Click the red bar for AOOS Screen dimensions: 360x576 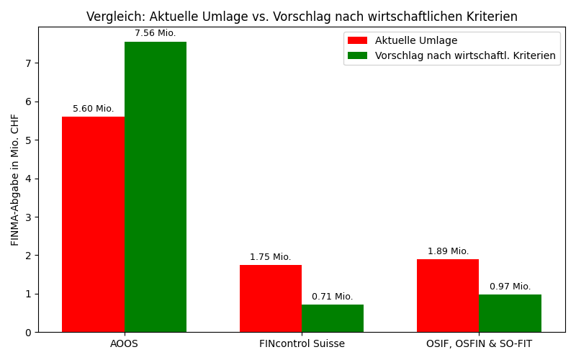(x=93, y=224)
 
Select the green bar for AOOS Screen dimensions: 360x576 (x=156, y=186)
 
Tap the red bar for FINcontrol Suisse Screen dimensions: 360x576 (x=271, y=298)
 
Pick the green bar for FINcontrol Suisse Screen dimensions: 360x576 (x=333, y=318)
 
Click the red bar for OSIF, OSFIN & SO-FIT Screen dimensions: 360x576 (x=448, y=295)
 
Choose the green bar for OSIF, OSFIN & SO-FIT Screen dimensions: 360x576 (x=510, y=313)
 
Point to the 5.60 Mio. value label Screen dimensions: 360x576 (x=93, y=109)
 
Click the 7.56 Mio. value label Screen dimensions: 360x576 (x=156, y=33)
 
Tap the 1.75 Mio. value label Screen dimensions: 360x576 (x=271, y=257)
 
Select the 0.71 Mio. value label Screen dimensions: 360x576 (x=333, y=297)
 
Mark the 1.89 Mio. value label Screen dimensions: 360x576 (x=448, y=251)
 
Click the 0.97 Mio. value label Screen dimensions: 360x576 (x=510, y=287)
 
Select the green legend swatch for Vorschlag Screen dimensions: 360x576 (x=357, y=55)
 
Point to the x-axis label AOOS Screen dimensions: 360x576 (x=124, y=343)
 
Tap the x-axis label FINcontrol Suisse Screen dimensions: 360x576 (x=302, y=343)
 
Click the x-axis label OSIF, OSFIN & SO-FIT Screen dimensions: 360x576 (x=479, y=343)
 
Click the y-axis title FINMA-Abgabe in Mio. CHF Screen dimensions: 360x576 (x=15, y=179)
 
